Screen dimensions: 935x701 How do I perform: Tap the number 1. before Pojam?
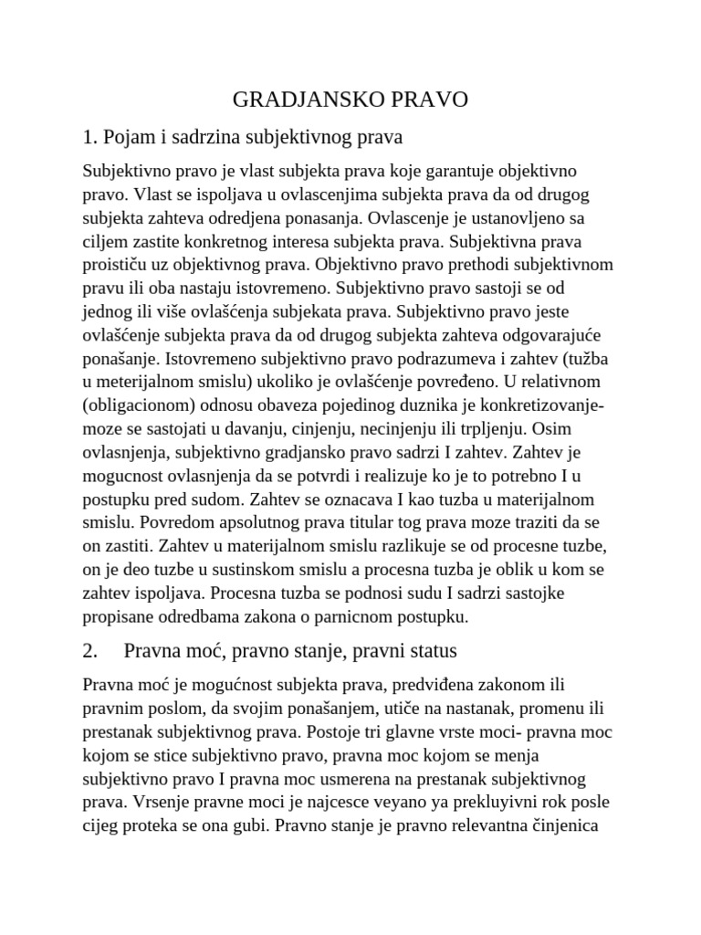[89, 138]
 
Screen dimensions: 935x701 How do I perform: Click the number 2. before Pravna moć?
[89, 652]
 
